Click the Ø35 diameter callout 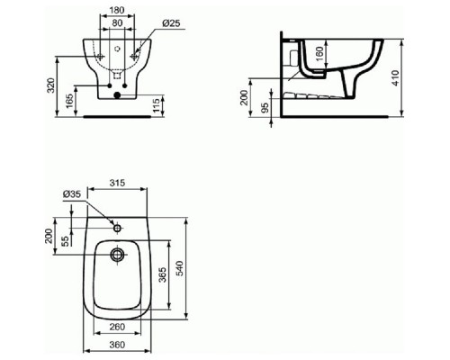tap(72, 195)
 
